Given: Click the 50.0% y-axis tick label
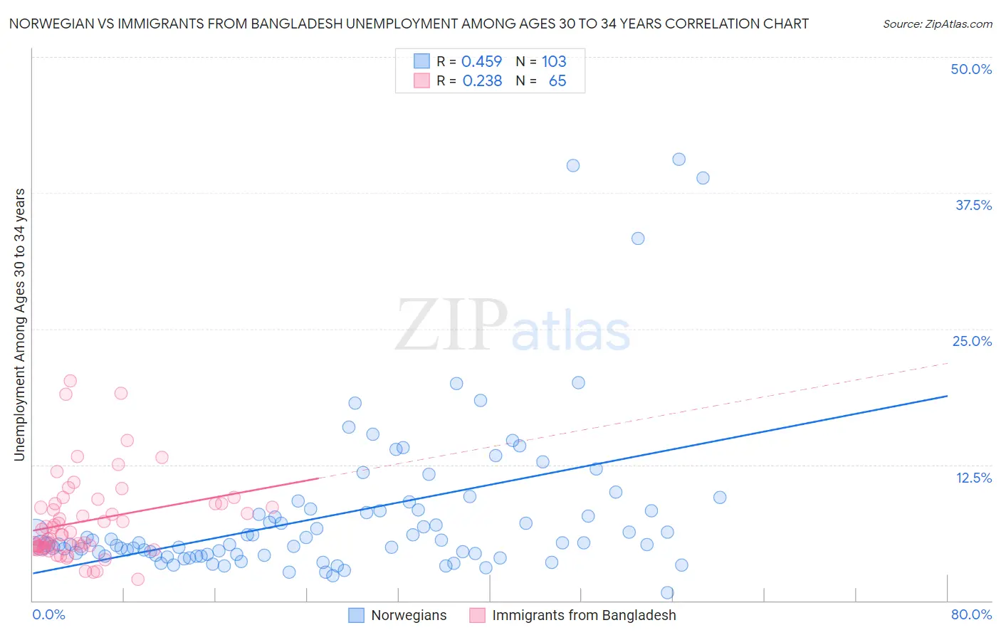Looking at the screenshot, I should point(971,69).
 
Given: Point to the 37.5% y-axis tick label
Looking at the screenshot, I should point(973,205).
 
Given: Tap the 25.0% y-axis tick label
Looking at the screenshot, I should point(972,341).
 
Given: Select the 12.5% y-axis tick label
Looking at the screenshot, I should point(973,478).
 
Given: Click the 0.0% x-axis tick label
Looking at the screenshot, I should point(48,614).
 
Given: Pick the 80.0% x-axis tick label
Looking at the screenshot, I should point(971,614).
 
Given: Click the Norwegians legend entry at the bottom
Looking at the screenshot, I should point(409,615).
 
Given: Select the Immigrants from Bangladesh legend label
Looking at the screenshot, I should point(584,615).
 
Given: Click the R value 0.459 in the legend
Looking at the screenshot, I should point(482,61).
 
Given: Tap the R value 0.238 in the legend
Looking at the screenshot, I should point(482,81).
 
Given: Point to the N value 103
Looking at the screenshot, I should point(554,61).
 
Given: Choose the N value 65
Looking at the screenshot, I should point(557,81).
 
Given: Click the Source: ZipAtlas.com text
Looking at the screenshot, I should point(937,23).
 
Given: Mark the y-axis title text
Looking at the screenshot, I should point(19,325).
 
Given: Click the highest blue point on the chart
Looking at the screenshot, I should point(678,159).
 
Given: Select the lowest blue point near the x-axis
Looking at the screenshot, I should point(667,592).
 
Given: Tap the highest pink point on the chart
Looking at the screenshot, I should point(70,381).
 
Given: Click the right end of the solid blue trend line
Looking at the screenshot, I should point(947,396).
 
